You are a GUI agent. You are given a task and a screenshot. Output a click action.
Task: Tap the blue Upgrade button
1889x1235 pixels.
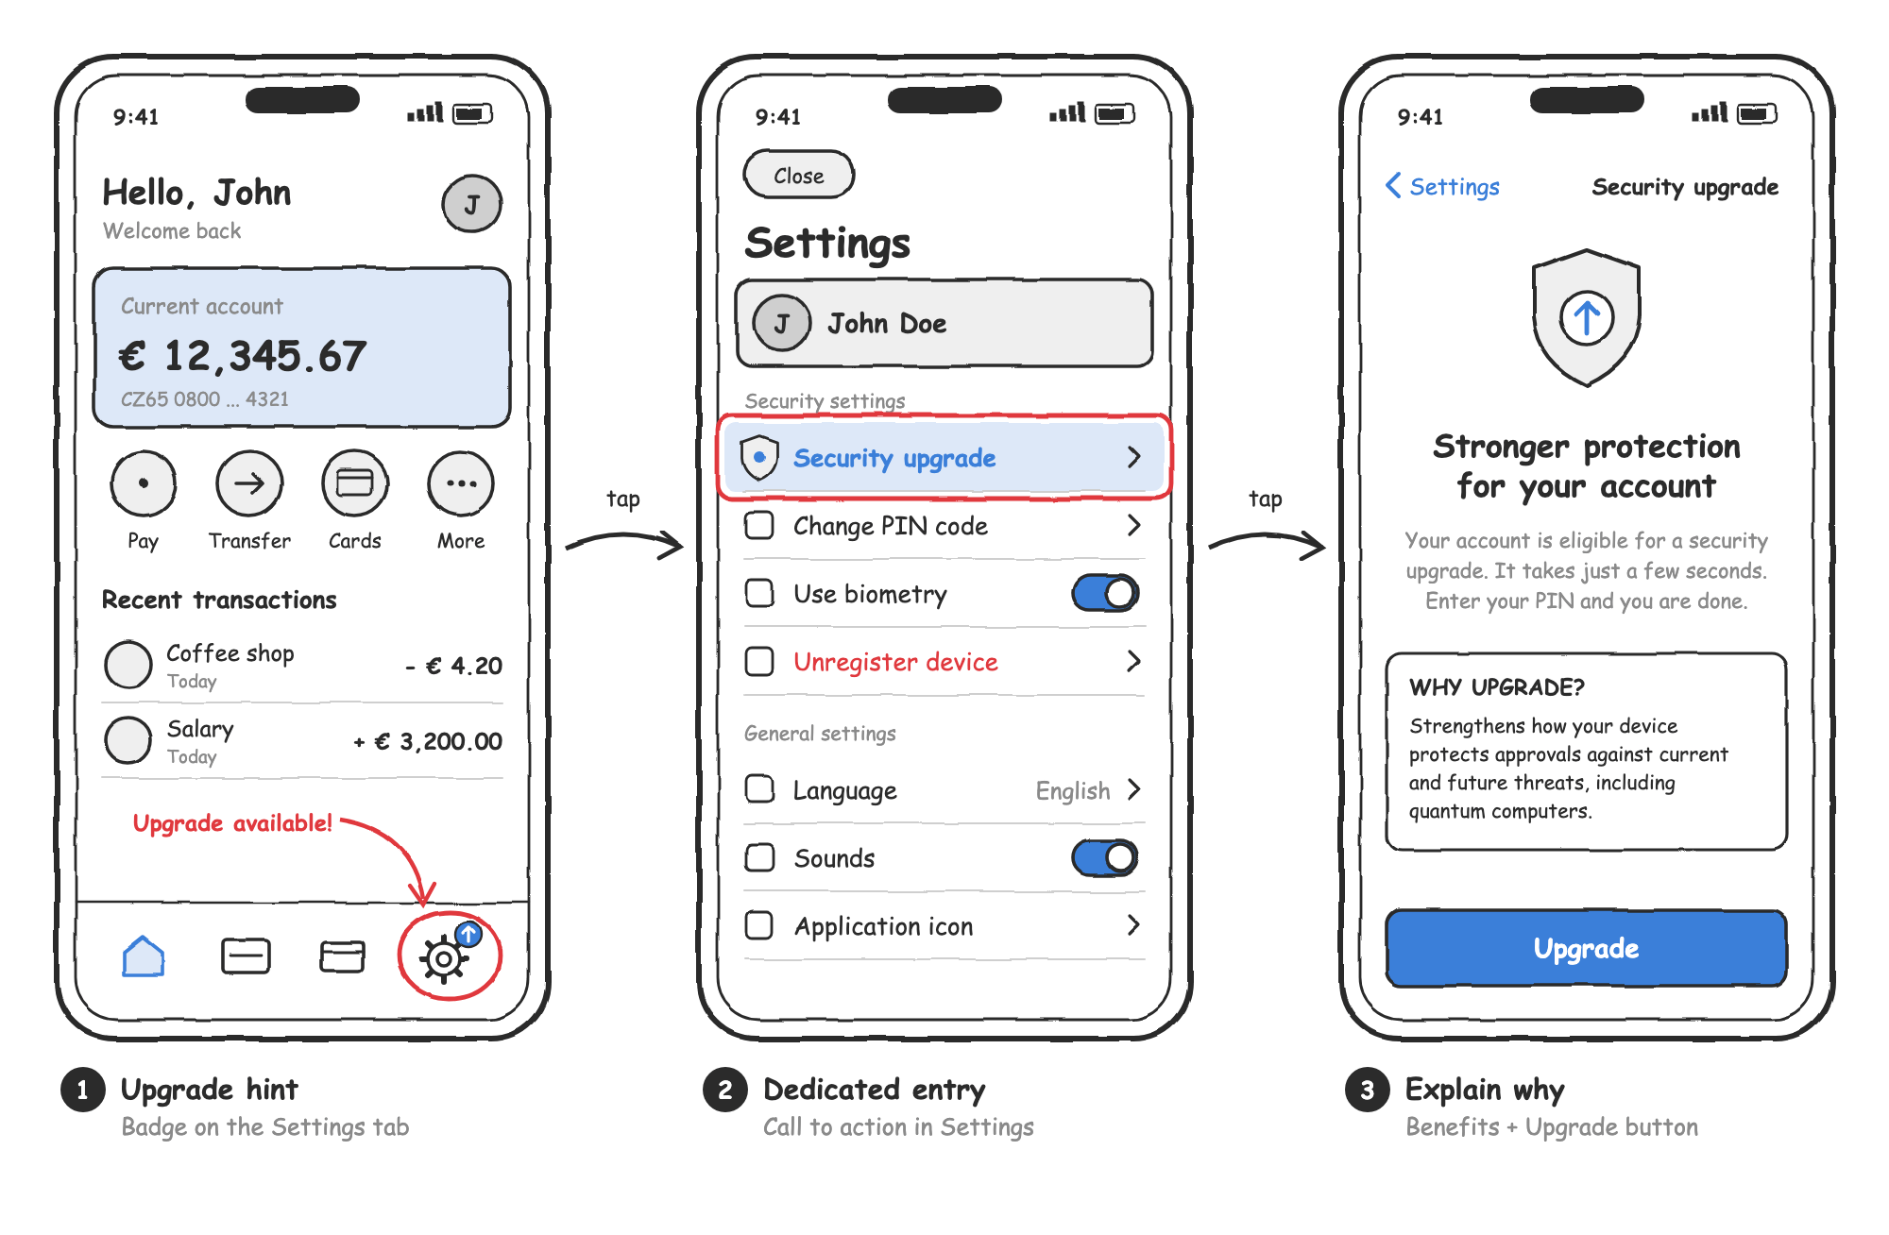(1586, 948)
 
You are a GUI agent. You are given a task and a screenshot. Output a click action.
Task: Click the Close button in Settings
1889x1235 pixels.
(799, 176)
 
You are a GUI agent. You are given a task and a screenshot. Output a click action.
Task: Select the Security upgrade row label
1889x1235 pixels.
(894, 459)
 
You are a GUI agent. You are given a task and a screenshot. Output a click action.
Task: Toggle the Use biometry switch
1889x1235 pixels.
(1105, 593)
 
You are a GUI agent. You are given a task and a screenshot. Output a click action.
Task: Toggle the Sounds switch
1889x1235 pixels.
(1105, 857)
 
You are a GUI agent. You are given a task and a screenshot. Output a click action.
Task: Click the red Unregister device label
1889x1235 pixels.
(895, 662)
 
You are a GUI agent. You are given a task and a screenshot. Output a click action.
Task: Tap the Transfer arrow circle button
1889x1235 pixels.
(249, 483)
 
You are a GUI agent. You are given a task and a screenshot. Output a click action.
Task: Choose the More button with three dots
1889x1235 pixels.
(461, 483)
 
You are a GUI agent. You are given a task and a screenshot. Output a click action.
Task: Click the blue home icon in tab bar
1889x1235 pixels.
(144, 956)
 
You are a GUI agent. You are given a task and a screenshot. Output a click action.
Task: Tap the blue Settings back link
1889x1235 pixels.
(1442, 187)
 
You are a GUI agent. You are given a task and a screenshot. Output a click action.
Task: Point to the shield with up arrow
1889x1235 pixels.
(1586, 317)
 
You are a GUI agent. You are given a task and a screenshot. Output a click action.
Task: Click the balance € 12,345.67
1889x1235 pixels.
(242, 357)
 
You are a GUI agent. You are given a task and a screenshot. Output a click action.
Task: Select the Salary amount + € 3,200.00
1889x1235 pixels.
(428, 742)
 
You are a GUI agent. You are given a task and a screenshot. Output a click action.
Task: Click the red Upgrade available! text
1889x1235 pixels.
(232, 823)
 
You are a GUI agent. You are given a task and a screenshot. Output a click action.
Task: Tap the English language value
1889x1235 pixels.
(1073, 791)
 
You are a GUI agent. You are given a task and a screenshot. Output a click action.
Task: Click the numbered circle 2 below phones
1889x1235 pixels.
(725, 1091)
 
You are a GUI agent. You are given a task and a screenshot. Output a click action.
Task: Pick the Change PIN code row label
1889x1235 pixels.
(891, 527)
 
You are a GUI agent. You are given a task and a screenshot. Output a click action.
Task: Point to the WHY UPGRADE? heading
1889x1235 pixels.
(1497, 687)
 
